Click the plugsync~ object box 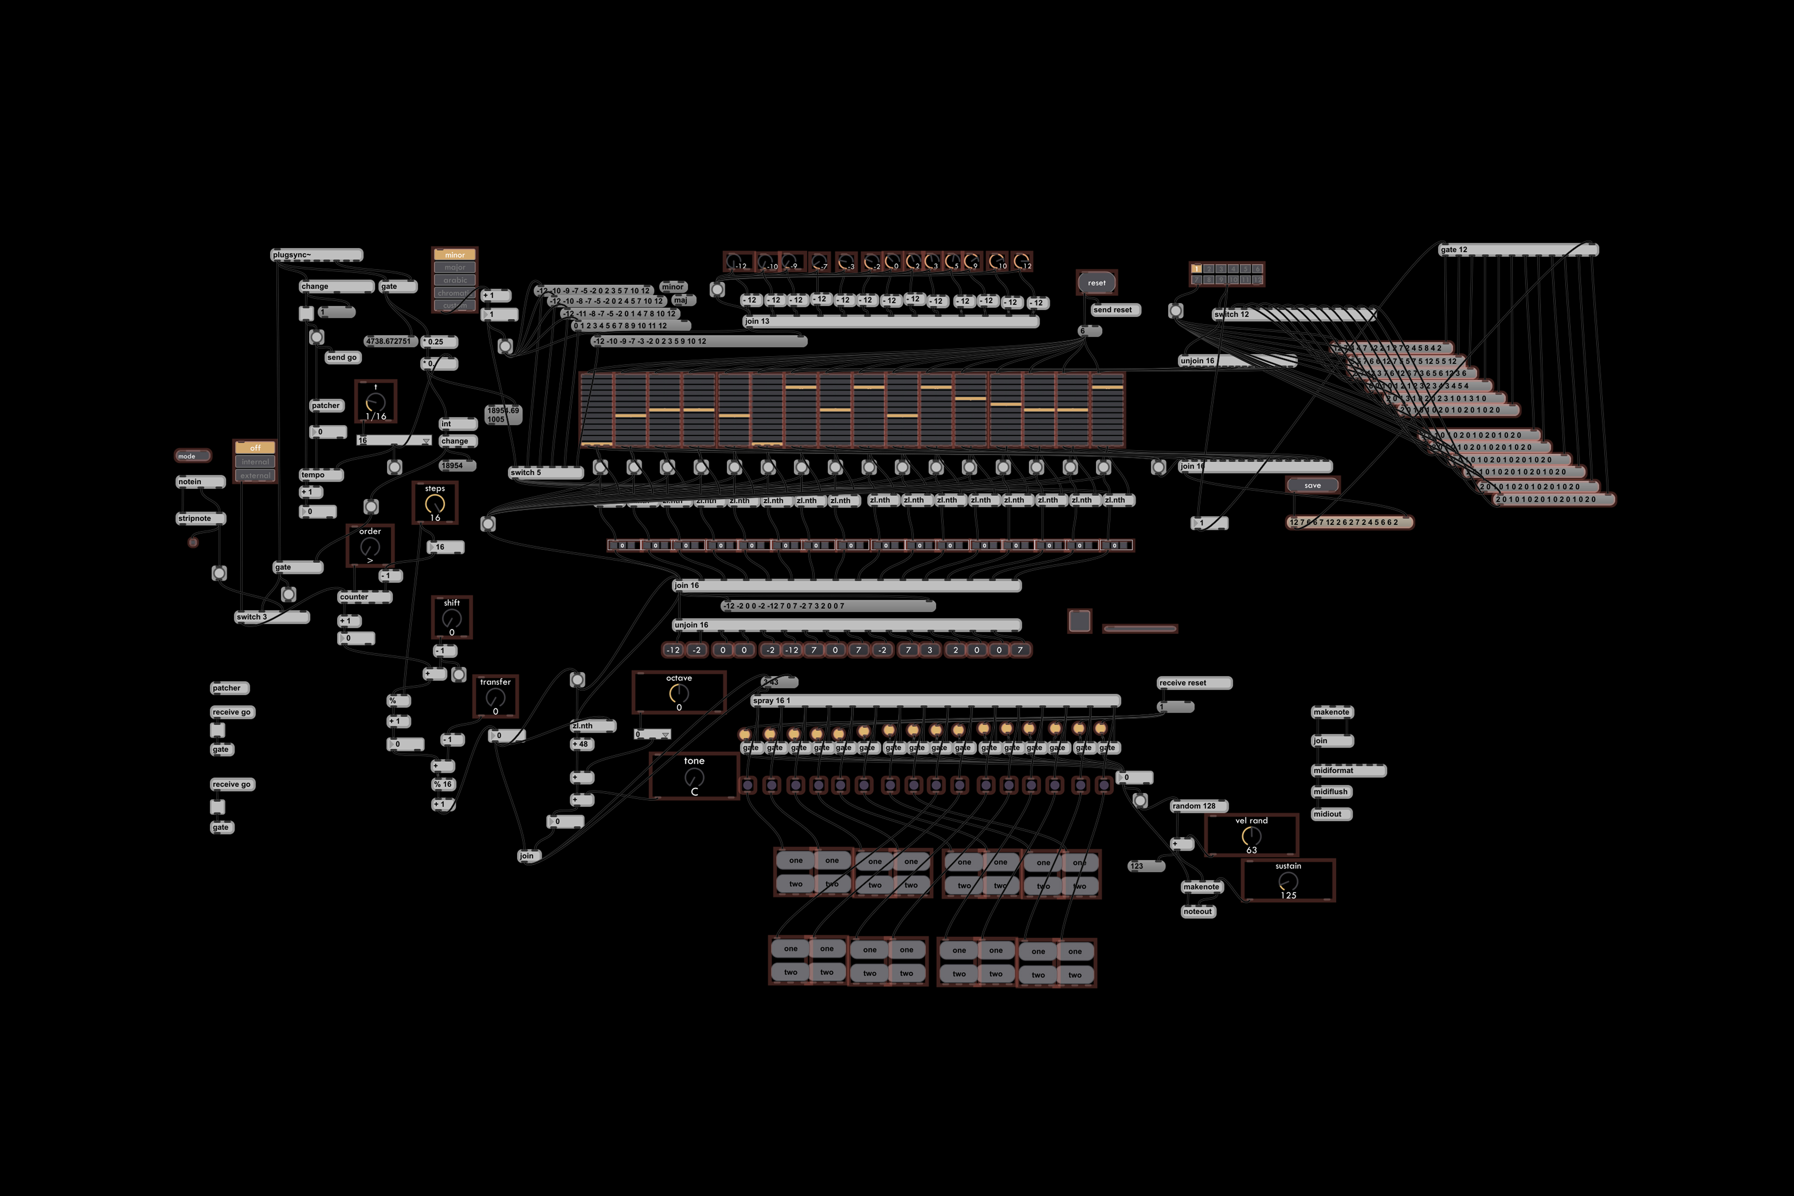coord(316,255)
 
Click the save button coord(1312,485)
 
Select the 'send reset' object coord(1114,310)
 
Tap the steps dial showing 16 coord(435,503)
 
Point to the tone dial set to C coord(694,777)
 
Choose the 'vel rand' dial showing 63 coord(1251,836)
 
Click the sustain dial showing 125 coord(1288,882)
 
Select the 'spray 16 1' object coord(934,700)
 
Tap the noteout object coord(1198,912)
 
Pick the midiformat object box coord(1348,770)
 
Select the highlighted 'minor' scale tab coord(455,255)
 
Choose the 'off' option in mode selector coord(255,448)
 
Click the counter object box coord(364,596)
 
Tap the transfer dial coord(495,697)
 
